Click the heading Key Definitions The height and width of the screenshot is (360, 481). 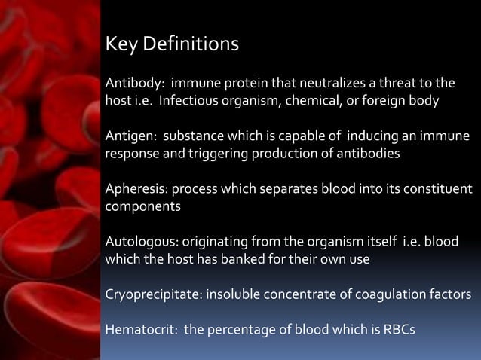coord(172,44)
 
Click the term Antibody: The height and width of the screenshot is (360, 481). coord(133,83)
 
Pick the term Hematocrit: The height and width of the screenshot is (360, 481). coord(139,329)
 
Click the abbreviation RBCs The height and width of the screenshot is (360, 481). coord(397,329)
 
